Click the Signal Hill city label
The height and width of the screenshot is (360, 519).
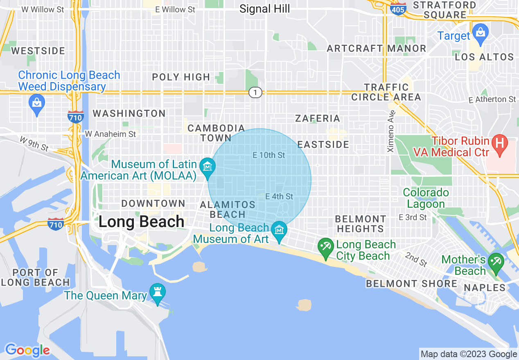click(x=264, y=9)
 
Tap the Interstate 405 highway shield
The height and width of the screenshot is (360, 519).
click(x=398, y=8)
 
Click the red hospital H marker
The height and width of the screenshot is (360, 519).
click(x=499, y=144)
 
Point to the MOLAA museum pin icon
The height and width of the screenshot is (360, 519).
click(x=208, y=167)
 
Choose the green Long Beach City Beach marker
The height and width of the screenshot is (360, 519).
click(x=326, y=248)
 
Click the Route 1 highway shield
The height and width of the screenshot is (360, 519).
click(x=255, y=93)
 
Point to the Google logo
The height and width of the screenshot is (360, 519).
click(x=27, y=350)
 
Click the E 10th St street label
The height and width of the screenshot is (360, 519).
click(x=269, y=155)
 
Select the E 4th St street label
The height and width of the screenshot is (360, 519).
click(x=279, y=196)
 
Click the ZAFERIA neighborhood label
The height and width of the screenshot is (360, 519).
click(x=318, y=119)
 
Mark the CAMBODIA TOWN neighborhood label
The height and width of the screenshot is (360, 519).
click(x=216, y=133)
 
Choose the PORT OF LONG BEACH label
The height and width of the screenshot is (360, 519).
click(x=35, y=277)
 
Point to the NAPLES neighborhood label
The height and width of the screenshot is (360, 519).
click(x=485, y=288)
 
